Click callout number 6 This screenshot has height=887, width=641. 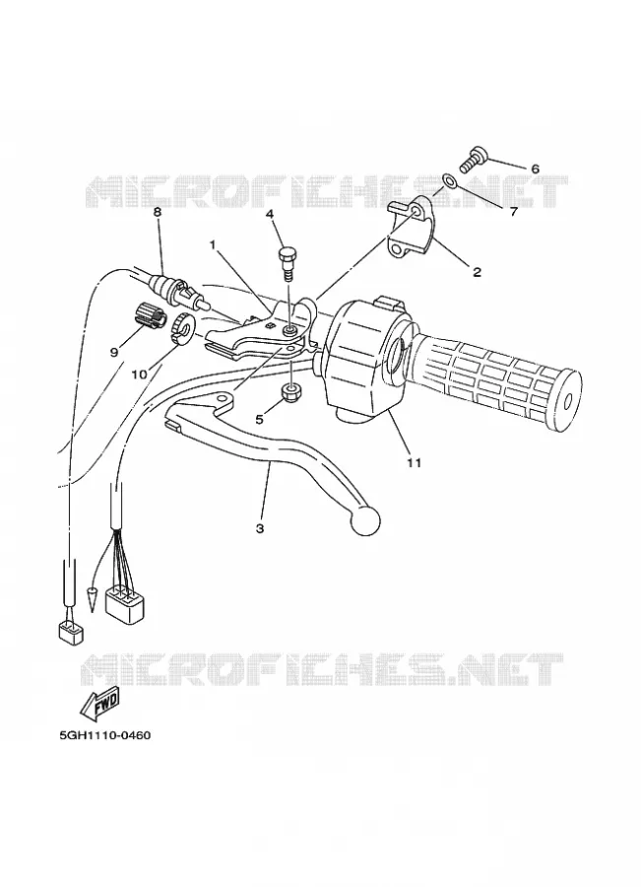click(x=535, y=170)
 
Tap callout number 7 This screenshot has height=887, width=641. click(x=513, y=212)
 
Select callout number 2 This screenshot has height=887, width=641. click(x=478, y=272)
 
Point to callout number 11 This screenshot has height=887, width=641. click(x=415, y=463)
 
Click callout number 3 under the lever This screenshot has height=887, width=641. click(x=260, y=528)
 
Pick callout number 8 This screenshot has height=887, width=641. click(x=158, y=212)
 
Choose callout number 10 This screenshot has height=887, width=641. click(x=139, y=375)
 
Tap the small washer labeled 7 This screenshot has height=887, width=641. click(x=450, y=181)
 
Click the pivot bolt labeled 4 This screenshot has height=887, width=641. click(x=287, y=261)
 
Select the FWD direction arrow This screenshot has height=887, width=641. click(x=100, y=705)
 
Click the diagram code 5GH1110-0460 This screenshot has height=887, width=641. click(x=105, y=736)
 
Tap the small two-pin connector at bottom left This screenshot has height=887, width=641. click(x=71, y=632)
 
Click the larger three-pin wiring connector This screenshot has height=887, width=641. click(x=125, y=604)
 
